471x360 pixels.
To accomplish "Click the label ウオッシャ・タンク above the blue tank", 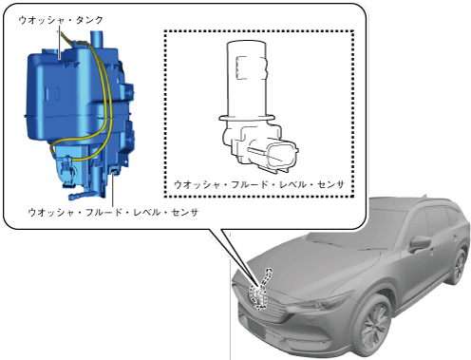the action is click(x=61, y=20).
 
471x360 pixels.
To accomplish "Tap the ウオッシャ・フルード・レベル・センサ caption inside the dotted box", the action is click(x=259, y=184).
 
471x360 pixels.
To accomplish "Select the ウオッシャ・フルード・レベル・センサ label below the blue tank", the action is click(x=113, y=212).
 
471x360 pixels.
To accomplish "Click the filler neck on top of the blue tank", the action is click(x=97, y=40).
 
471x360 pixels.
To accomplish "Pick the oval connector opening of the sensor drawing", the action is click(x=282, y=156).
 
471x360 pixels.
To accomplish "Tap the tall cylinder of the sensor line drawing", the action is click(x=246, y=78).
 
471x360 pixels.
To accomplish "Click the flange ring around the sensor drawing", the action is click(x=246, y=118).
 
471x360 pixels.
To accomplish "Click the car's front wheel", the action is click(x=374, y=326).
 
